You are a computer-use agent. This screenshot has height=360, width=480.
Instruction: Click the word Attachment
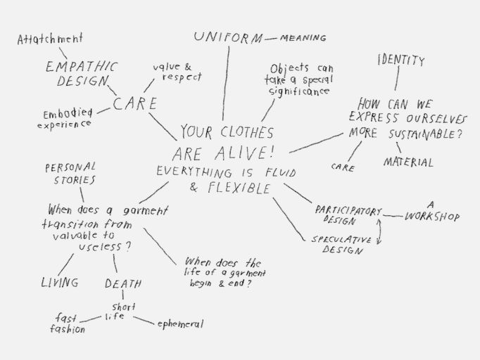[50, 39]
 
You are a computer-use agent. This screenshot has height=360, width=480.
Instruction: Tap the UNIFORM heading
[227, 37]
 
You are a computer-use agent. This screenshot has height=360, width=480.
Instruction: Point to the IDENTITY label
[400, 60]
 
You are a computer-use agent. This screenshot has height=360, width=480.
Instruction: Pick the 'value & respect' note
[178, 72]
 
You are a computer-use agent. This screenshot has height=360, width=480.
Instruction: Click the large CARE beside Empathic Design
[134, 104]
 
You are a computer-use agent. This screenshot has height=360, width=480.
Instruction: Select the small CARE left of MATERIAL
[343, 167]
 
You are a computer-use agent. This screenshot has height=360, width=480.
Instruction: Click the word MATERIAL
[408, 162]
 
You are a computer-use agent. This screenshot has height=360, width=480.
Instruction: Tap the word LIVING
[59, 282]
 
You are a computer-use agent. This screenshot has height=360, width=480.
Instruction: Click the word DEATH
[123, 283]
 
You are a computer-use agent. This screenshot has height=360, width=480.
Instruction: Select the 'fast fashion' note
[68, 323]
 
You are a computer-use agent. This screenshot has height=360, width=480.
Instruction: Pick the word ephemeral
[180, 323]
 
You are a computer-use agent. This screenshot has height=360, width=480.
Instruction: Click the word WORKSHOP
[431, 216]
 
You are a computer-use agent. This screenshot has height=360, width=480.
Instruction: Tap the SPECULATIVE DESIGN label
[341, 244]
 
